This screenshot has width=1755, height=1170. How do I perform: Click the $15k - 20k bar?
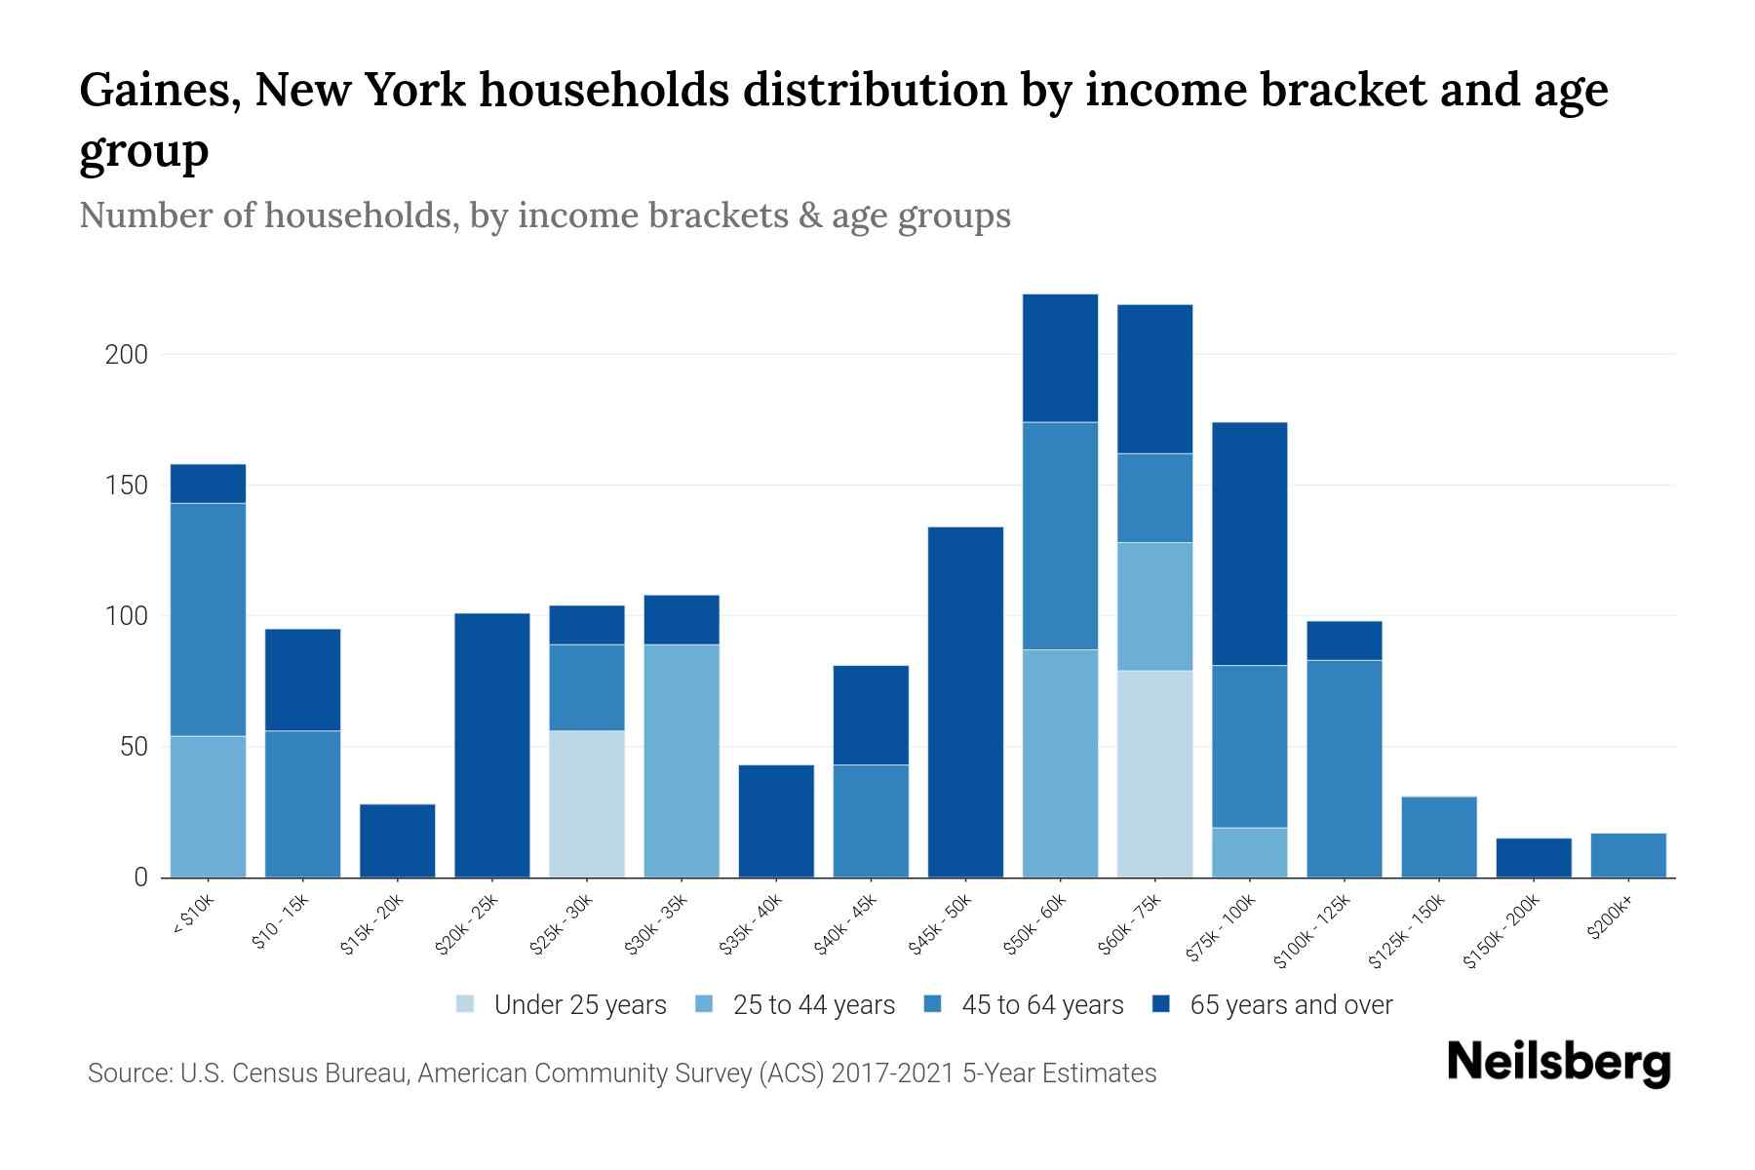click(398, 840)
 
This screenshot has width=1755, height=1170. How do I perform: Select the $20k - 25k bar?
click(492, 745)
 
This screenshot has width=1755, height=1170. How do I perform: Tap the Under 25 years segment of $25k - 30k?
click(587, 803)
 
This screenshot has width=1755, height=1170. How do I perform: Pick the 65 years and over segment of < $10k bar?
click(208, 484)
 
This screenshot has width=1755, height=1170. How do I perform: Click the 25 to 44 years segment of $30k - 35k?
click(682, 760)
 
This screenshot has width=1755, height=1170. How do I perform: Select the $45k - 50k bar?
click(966, 702)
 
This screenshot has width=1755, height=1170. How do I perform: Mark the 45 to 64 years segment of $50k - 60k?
click(1061, 535)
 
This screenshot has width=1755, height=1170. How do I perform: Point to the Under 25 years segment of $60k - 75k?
click(1155, 773)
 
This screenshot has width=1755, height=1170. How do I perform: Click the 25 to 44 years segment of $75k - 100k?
click(1250, 852)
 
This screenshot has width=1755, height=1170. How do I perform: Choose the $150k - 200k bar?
click(1535, 858)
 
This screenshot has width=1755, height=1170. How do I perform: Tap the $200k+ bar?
click(1629, 855)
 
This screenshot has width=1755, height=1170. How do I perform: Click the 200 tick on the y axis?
click(127, 355)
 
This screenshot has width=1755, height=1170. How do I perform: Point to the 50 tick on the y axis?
click(133, 748)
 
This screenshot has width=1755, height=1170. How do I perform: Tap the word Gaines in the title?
click(159, 91)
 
